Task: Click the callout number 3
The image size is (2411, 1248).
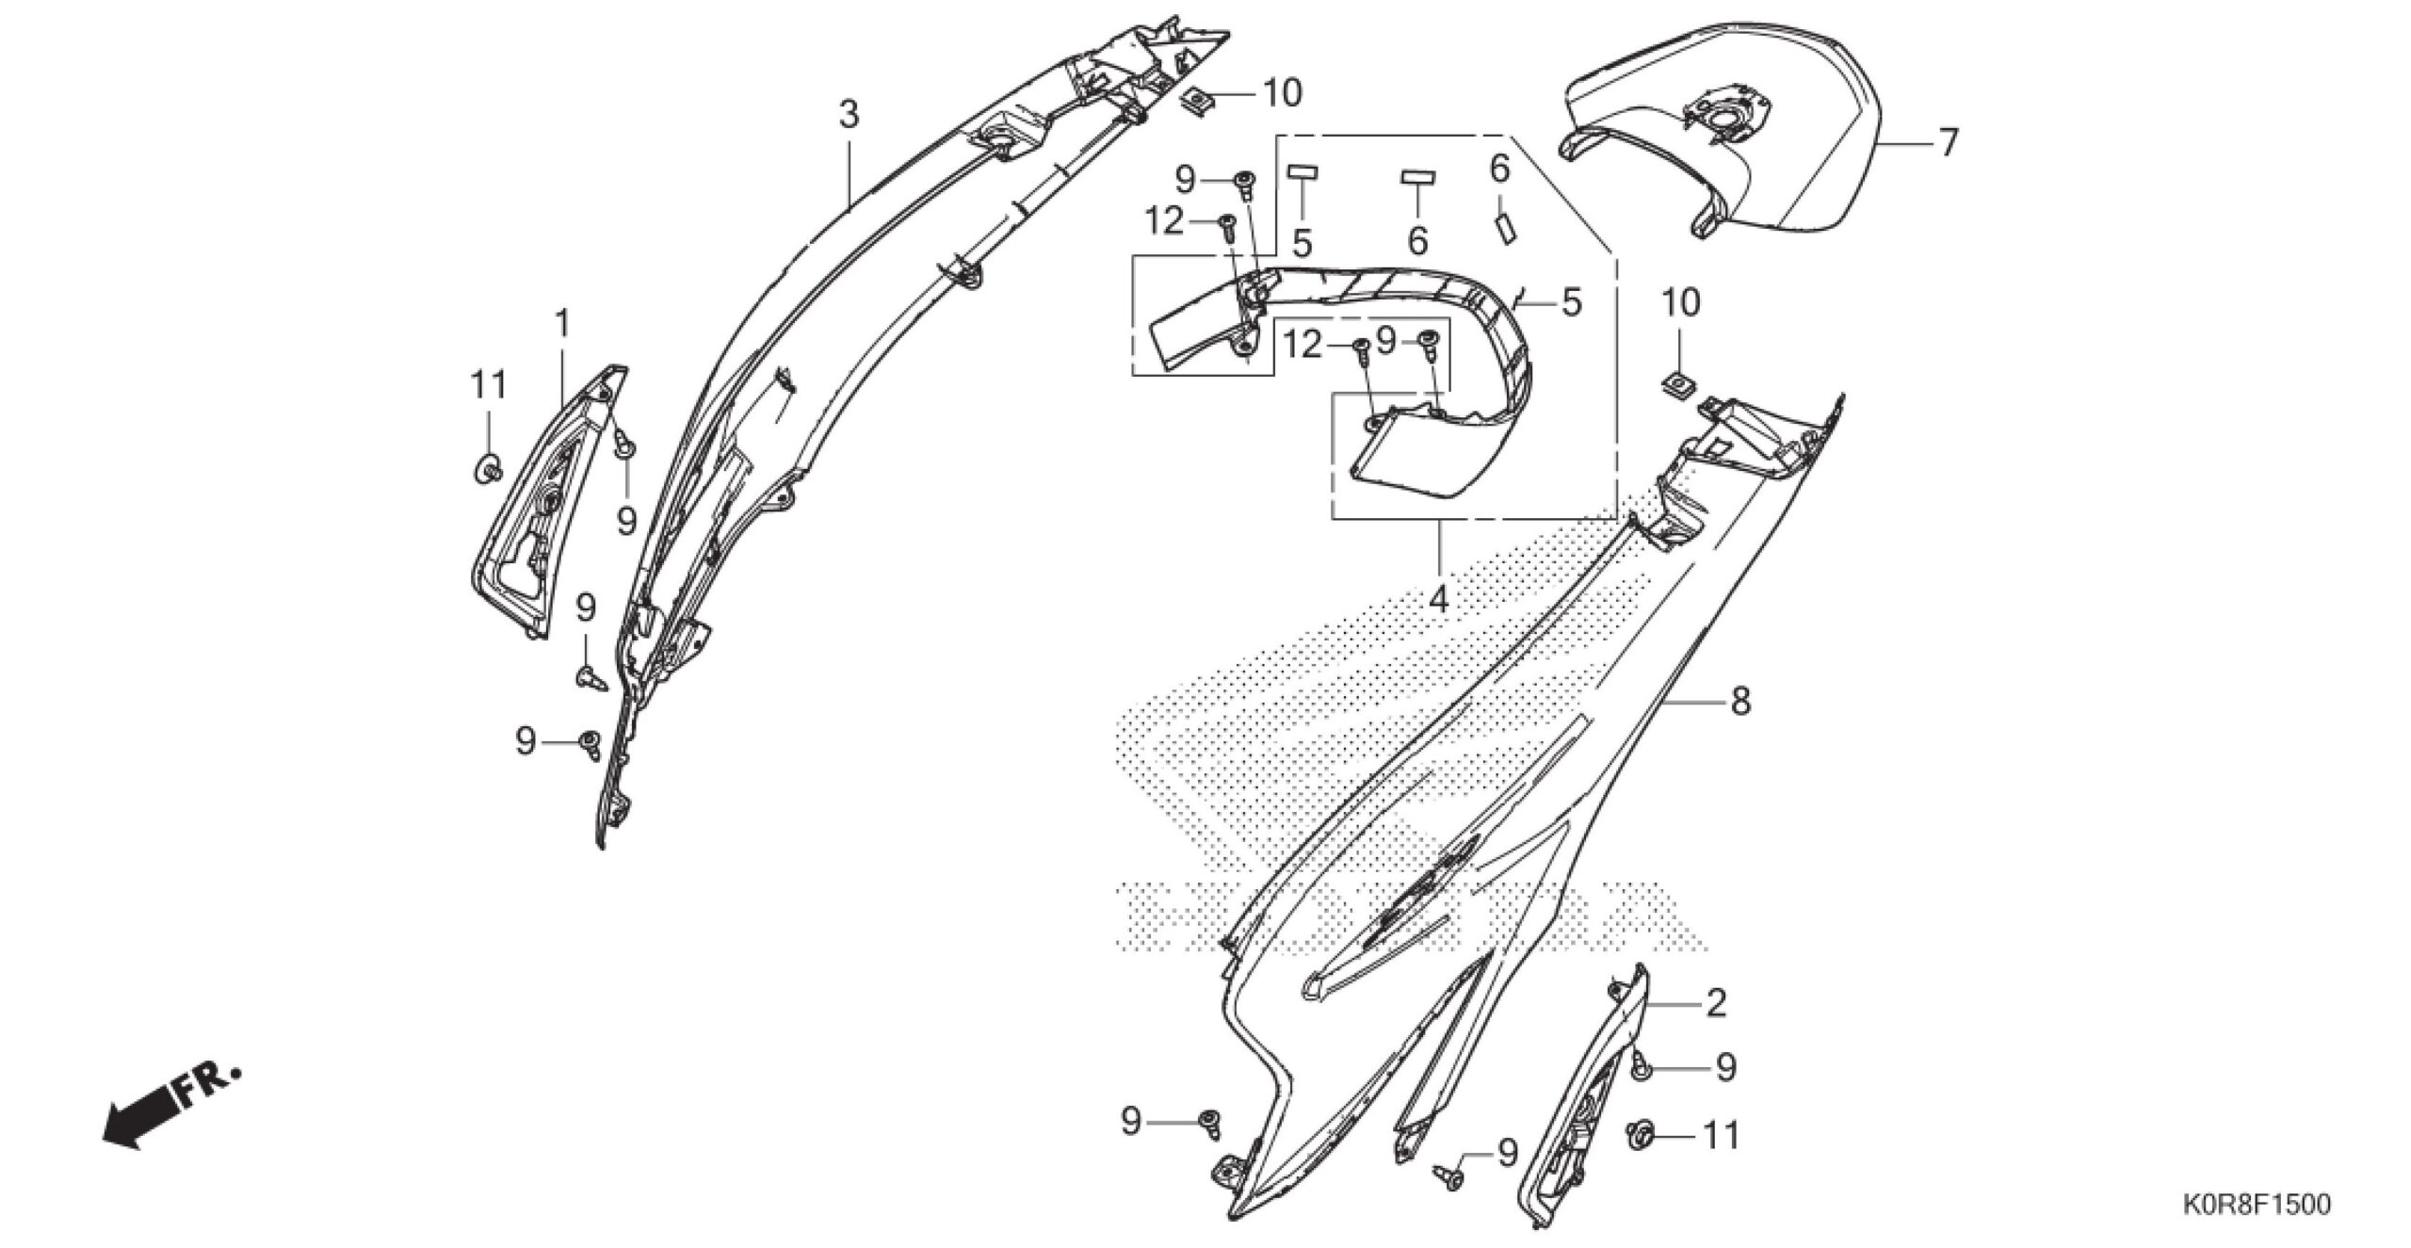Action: click(849, 115)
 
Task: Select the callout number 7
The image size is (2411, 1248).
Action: click(1948, 142)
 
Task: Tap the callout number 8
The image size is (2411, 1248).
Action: click(1739, 701)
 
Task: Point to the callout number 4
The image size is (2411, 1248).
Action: click(1438, 599)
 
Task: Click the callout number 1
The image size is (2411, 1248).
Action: click(562, 325)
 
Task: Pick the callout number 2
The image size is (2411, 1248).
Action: click(1716, 1003)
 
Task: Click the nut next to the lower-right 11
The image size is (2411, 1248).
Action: click(1640, 1135)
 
